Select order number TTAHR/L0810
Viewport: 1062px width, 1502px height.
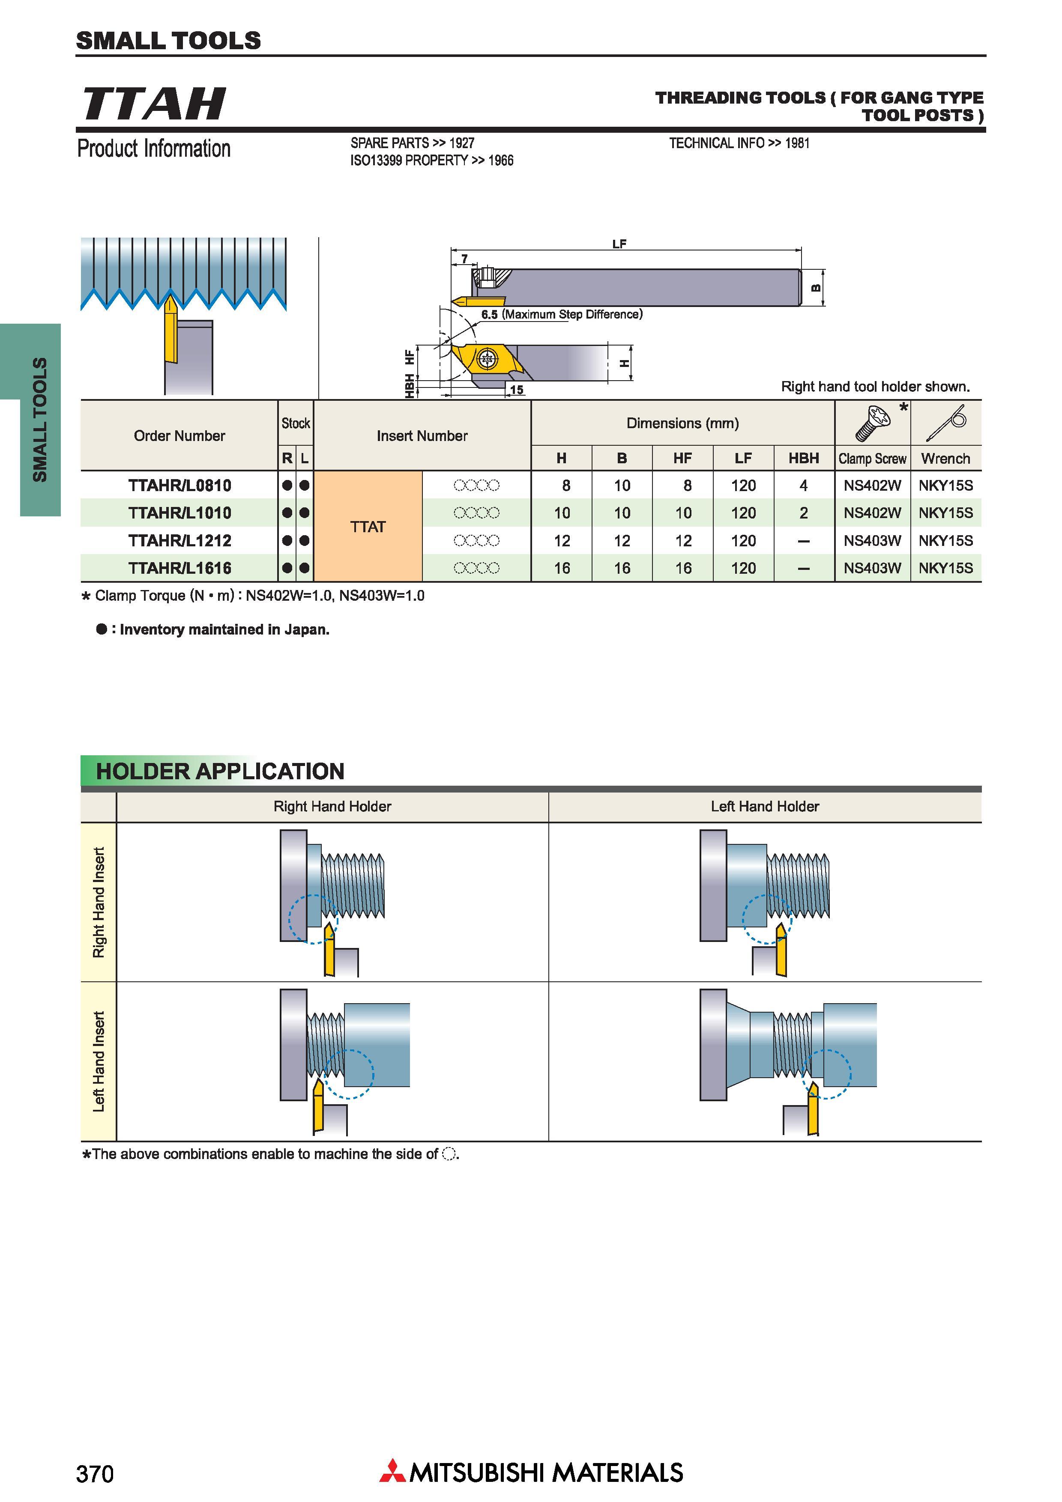click(x=180, y=486)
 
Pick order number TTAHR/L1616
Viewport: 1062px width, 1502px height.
click(x=180, y=568)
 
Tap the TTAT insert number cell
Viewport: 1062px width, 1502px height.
click(x=368, y=527)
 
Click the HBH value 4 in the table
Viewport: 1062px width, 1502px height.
click(x=804, y=486)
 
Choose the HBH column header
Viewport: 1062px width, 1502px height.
click(x=804, y=458)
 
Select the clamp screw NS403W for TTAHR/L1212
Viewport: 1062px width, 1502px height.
click(x=872, y=540)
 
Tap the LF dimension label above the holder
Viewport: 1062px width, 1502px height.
click(x=619, y=244)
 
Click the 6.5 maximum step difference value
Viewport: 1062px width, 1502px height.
click(x=490, y=315)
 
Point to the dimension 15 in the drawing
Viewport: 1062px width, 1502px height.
click(x=517, y=390)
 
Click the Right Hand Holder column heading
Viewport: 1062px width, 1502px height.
click(x=332, y=807)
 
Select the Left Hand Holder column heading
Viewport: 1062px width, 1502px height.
click(x=765, y=807)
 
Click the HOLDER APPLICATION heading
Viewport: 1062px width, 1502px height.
click(x=220, y=771)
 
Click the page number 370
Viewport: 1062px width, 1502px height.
click(x=95, y=1474)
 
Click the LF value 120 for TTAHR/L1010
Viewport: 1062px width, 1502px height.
click(x=743, y=513)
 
